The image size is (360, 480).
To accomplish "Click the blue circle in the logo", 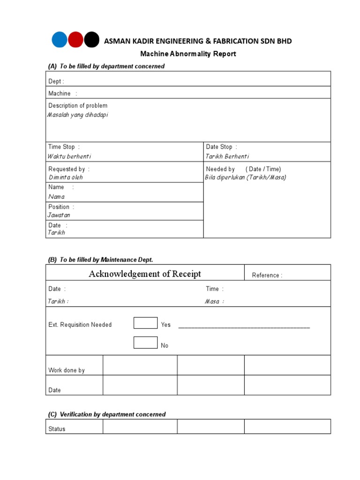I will [60, 40].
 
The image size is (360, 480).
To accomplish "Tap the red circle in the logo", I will [76, 40].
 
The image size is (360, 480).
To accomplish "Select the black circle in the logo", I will [92, 40].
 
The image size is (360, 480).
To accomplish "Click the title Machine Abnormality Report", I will [188, 54].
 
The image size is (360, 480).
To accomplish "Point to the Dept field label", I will [56, 82].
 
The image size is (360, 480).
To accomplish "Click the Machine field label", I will [60, 94].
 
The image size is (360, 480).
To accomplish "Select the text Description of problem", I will [78, 106].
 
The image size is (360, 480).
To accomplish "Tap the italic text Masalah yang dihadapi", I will [78, 115].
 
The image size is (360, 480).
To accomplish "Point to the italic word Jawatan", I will [59, 215].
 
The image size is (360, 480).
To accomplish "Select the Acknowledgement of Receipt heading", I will [145, 274].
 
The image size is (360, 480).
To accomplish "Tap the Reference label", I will [267, 276].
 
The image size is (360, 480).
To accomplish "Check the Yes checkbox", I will [145, 323].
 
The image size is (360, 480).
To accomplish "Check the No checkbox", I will [145, 343].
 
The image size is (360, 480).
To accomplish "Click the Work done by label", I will [67, 370].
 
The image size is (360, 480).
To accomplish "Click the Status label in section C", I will [57, 429].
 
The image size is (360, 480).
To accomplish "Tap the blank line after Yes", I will [244, 326].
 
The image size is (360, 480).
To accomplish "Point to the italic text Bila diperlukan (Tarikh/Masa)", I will [246, 178].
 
